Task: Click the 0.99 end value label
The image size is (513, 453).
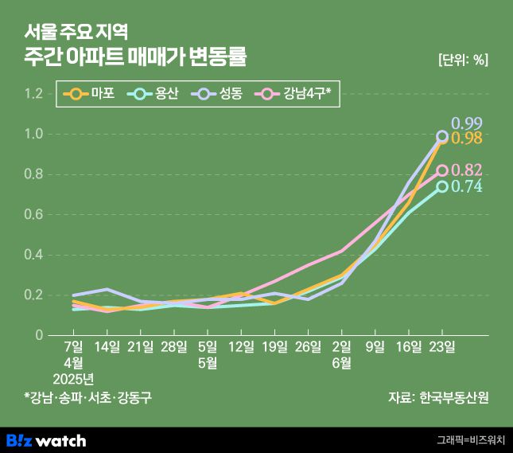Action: pyautogui.click(x=467, y=123)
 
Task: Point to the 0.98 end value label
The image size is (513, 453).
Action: pyautogui.click(x=467, y=139)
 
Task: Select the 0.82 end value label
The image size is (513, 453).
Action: pyautogui.click(x=467, y=170)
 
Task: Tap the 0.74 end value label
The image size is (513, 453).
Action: pyautogui.click(x=467, y=186)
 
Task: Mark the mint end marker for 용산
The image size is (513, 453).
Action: pyautogui.click(x=442, y=186)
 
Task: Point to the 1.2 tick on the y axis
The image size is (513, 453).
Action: pyautogui.click(x=33, y=94)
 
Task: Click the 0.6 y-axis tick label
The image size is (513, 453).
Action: pyautogui.click(x=33, y=214)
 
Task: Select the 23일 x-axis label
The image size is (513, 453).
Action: pyautogui.click(x=442, y=347)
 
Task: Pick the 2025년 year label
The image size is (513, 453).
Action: pyautogui.click(x=73, y=377)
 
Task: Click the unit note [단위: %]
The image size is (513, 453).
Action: pyautogui.click(x=463, y=59)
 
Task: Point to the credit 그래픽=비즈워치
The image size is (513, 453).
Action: pyautogui.click(x=471, y=439)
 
